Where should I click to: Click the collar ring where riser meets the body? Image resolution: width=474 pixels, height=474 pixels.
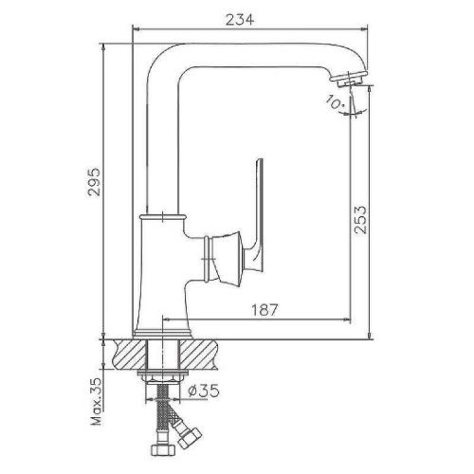[x=160, y=217]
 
